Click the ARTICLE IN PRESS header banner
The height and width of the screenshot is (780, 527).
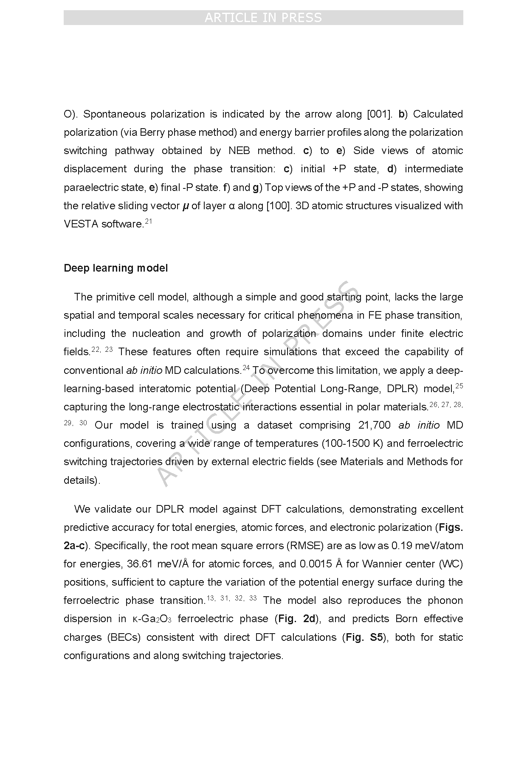pyautogui.click(x=263, y=18)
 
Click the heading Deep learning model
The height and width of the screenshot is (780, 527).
pyautogui.click(x=116, y=268)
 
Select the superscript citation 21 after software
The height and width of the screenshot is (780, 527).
pyautogui.click(x=148, y=221)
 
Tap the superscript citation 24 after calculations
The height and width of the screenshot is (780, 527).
pyautogui.click(x=246, y=368)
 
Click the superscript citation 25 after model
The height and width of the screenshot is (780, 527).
pyautogui.click(x=459, y=386)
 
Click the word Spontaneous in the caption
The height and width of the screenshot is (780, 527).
pyautogui.click(x=112, y=114)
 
